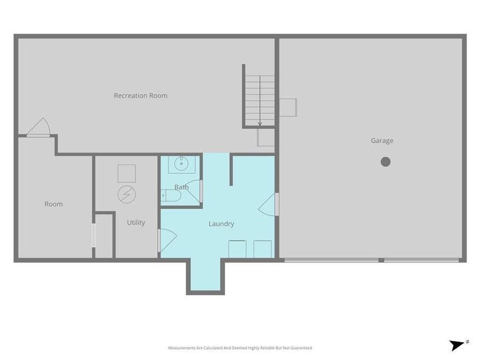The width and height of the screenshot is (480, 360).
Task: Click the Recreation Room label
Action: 140,96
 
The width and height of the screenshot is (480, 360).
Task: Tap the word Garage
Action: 382,141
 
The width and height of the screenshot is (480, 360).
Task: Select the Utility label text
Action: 135,222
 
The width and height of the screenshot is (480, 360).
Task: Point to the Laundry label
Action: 221,224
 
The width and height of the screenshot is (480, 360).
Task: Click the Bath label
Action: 181,187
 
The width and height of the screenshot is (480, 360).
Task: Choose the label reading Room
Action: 53,204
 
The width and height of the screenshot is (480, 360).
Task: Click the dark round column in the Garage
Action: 385,162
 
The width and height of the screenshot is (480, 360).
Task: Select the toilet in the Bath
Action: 171,196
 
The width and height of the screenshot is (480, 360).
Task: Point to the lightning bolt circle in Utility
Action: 126,194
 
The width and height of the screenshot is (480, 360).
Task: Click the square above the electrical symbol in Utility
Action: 126,173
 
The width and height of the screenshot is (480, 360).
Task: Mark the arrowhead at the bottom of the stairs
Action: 260,124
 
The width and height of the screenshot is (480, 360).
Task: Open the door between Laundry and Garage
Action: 270,204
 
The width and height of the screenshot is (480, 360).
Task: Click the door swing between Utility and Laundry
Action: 167,240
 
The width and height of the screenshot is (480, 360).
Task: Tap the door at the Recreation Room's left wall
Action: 38,128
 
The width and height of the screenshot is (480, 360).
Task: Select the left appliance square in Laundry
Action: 237,249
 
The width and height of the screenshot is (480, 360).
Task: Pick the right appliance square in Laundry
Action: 262,249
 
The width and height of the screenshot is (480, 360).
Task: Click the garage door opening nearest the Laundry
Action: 331,260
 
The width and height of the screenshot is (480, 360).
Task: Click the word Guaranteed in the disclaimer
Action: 300,348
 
